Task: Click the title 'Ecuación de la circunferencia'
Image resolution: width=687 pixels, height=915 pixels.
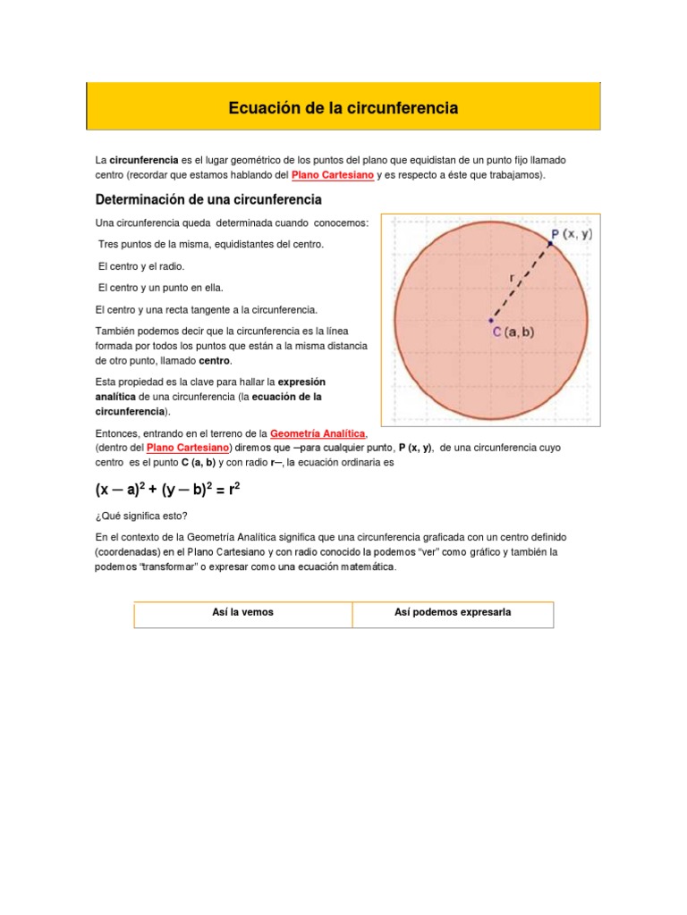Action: click(x=343, y=108)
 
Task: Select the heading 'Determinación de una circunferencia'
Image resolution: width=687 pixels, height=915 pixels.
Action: click(x=208, y=199)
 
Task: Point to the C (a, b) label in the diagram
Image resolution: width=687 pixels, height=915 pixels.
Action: click(x=512, y=332)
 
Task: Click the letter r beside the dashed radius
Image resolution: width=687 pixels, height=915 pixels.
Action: click(x=511, y=278)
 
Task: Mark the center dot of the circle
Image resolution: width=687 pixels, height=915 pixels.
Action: click(x=490, y=319)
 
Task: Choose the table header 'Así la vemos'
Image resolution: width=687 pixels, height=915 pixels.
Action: click(x=243, y=612)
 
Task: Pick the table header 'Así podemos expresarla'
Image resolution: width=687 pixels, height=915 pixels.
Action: click(x=452, y=612)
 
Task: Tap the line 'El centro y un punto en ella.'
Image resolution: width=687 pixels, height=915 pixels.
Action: click(x=160, y=288)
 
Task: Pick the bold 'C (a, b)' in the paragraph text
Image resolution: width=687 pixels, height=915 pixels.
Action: click(x=198, y=463)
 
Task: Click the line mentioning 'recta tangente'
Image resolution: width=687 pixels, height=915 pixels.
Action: click(x=206, y=309)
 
